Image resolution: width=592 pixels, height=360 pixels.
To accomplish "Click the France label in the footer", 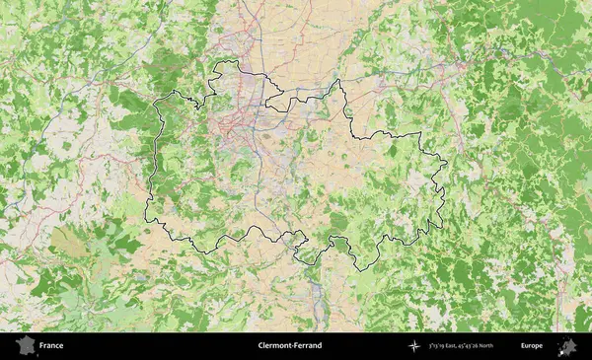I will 52,346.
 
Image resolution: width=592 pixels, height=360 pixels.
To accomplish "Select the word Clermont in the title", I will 273,346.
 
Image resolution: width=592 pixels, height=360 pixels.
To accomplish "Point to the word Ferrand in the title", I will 307,346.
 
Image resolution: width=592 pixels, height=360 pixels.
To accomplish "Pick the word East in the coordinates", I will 469,346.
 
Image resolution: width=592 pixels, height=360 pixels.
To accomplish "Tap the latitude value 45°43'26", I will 490,346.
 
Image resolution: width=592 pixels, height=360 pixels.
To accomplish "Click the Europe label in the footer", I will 532,346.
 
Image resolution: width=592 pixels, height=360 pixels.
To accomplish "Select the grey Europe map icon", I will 567,346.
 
